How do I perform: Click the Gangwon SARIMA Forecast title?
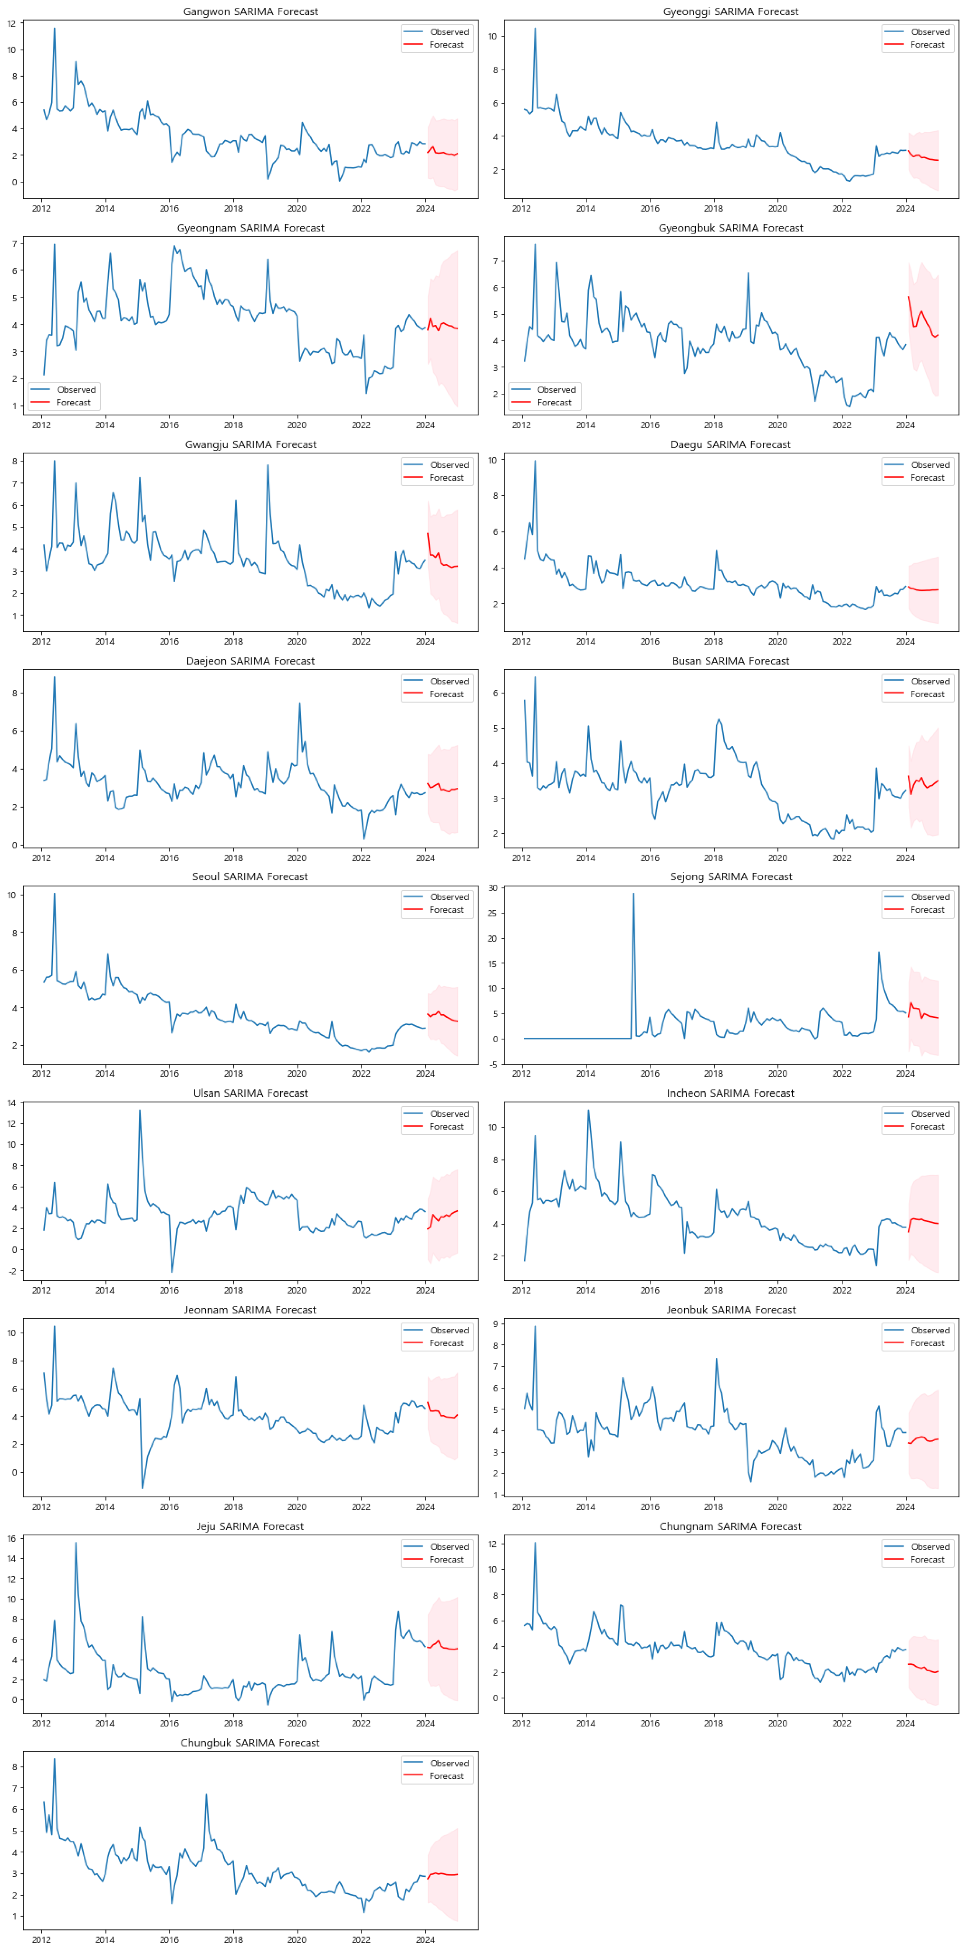tap(251, 11)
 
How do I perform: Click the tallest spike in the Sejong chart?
tap(633, 894)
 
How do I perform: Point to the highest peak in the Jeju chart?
tap(76, 1543)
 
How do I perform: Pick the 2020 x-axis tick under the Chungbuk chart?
tap(297, 1939)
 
